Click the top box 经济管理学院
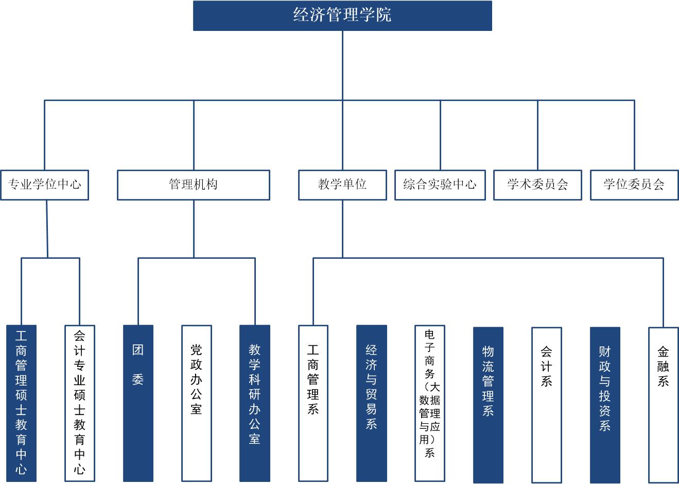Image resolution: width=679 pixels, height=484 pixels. pos(342,15)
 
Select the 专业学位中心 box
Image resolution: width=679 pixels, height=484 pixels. pos(45,185)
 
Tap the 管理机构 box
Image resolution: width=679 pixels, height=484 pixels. pos(194,185)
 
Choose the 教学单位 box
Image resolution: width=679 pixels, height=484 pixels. pos(342,185)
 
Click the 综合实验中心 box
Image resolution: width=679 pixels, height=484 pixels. pos(440,185)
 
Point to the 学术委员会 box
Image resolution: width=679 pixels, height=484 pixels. pos(537,185)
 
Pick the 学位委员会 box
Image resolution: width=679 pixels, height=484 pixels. pos(634,185)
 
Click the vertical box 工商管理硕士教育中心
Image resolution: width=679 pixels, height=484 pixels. pos(22,403)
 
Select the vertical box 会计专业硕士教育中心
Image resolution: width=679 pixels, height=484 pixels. pos(80,403)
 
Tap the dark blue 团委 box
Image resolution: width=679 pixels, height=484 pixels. pos(138,403)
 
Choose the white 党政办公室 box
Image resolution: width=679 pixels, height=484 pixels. pos(197,403)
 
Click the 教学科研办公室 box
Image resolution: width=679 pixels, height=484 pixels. pos(255,403)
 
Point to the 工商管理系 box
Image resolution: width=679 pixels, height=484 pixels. pos(313,403)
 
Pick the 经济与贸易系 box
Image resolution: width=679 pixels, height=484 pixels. pos(372,403)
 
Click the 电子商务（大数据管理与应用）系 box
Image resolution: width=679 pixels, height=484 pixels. pos(430,403)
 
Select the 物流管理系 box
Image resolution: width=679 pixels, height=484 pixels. pos(488,405)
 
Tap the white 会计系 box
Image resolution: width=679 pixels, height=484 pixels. pos(547,405)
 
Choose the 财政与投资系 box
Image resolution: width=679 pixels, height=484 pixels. pos(605,405)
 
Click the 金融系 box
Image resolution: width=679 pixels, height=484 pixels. pos(663,405)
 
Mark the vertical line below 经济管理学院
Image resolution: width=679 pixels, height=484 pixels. pos(342,64)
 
